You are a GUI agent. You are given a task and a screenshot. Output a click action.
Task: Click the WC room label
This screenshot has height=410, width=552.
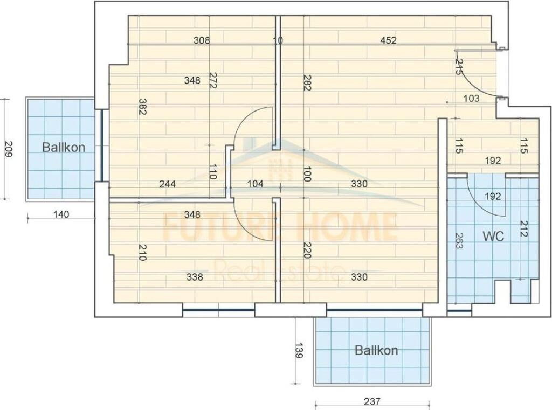click(x=493, y=236)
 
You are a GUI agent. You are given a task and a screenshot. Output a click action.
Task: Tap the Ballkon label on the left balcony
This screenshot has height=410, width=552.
click(x=64, y=147)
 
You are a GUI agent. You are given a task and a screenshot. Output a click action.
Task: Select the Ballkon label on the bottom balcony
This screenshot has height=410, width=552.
click(x=376, y=350)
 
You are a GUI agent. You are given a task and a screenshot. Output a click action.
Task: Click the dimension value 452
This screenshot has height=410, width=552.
click(x=388, y=40)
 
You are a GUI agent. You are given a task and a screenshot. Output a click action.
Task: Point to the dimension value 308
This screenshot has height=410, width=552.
click(x=201, y=40)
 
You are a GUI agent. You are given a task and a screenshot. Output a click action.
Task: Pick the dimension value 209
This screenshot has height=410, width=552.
click(x=8, y=148)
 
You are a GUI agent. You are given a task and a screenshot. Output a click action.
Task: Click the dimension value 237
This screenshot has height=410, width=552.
click(x=372, y=401)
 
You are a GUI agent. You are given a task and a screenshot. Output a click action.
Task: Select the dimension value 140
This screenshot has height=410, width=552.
click(x=62, y=214)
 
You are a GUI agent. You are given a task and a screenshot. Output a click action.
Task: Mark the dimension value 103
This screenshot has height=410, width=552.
click(x=471, y=98)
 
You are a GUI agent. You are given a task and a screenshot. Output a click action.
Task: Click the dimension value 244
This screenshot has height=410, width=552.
click(x=167, y=184)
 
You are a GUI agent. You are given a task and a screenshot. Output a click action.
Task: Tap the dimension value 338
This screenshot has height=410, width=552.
click(x=195, y=277)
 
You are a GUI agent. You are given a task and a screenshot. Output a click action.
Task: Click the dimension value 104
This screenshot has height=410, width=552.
click(x=255, y=184)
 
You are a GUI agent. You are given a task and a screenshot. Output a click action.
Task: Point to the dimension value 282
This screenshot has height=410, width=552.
click(x=307, y=82)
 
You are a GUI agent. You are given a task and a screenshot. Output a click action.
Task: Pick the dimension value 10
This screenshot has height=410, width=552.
click(x=278, y=40)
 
